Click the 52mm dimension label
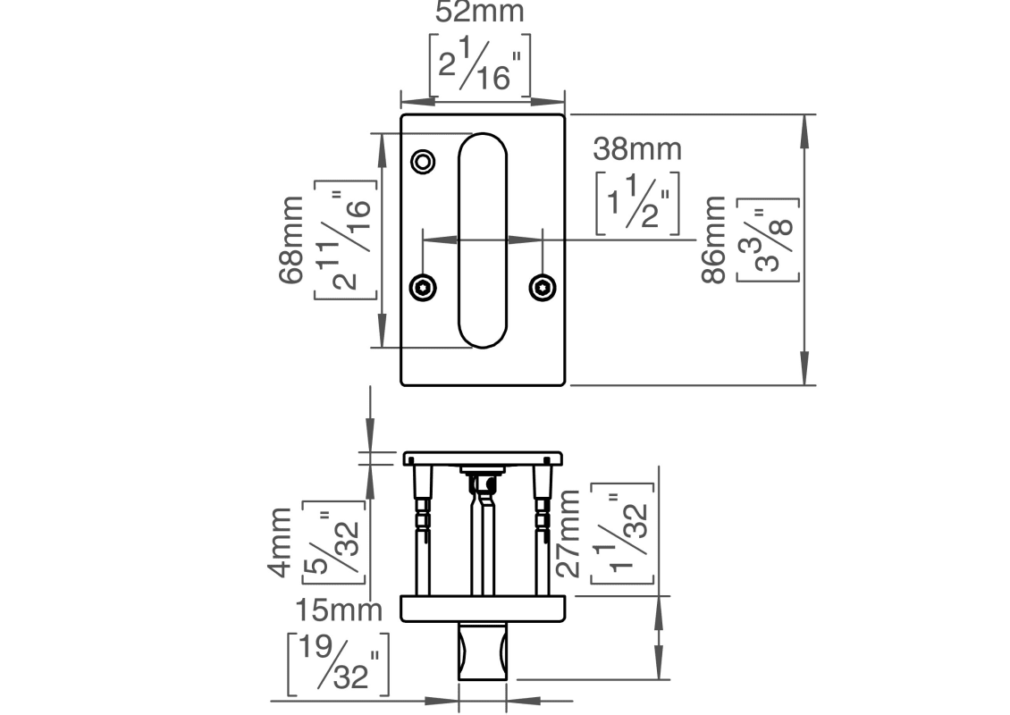(480, 13)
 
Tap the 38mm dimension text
(638, 148)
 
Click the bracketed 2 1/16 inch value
(480, 65)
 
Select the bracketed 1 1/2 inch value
(637, 202)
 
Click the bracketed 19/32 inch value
(338, 663)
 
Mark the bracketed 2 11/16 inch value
(345, 242)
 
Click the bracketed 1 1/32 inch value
(623, 534)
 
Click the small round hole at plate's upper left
(423, 161)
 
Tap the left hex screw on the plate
(423, 287)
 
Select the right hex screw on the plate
(542, 287)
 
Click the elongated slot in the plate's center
(483, 240)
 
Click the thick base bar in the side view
(483, 609)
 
